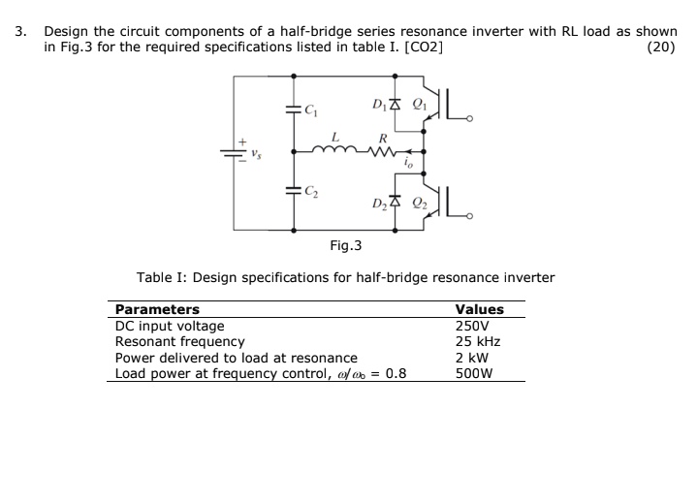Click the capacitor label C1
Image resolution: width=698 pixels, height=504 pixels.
[x=310, y=110]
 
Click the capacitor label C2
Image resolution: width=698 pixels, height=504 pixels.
[x=310, y=191]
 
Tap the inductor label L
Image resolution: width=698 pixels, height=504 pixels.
[x=334, y=137]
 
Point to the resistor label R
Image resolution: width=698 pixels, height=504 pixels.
[x=383, y=137]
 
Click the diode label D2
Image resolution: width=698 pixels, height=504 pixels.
[x=380, y=204]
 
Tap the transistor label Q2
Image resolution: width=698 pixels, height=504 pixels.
[x=419, y=204]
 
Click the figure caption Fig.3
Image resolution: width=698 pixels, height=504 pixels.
[x=345, y=246]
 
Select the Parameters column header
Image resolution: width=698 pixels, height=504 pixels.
[x=157, y=309]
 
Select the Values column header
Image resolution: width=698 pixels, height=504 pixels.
[x=479, y=309]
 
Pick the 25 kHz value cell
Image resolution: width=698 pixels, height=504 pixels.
[x=477, y=341]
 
